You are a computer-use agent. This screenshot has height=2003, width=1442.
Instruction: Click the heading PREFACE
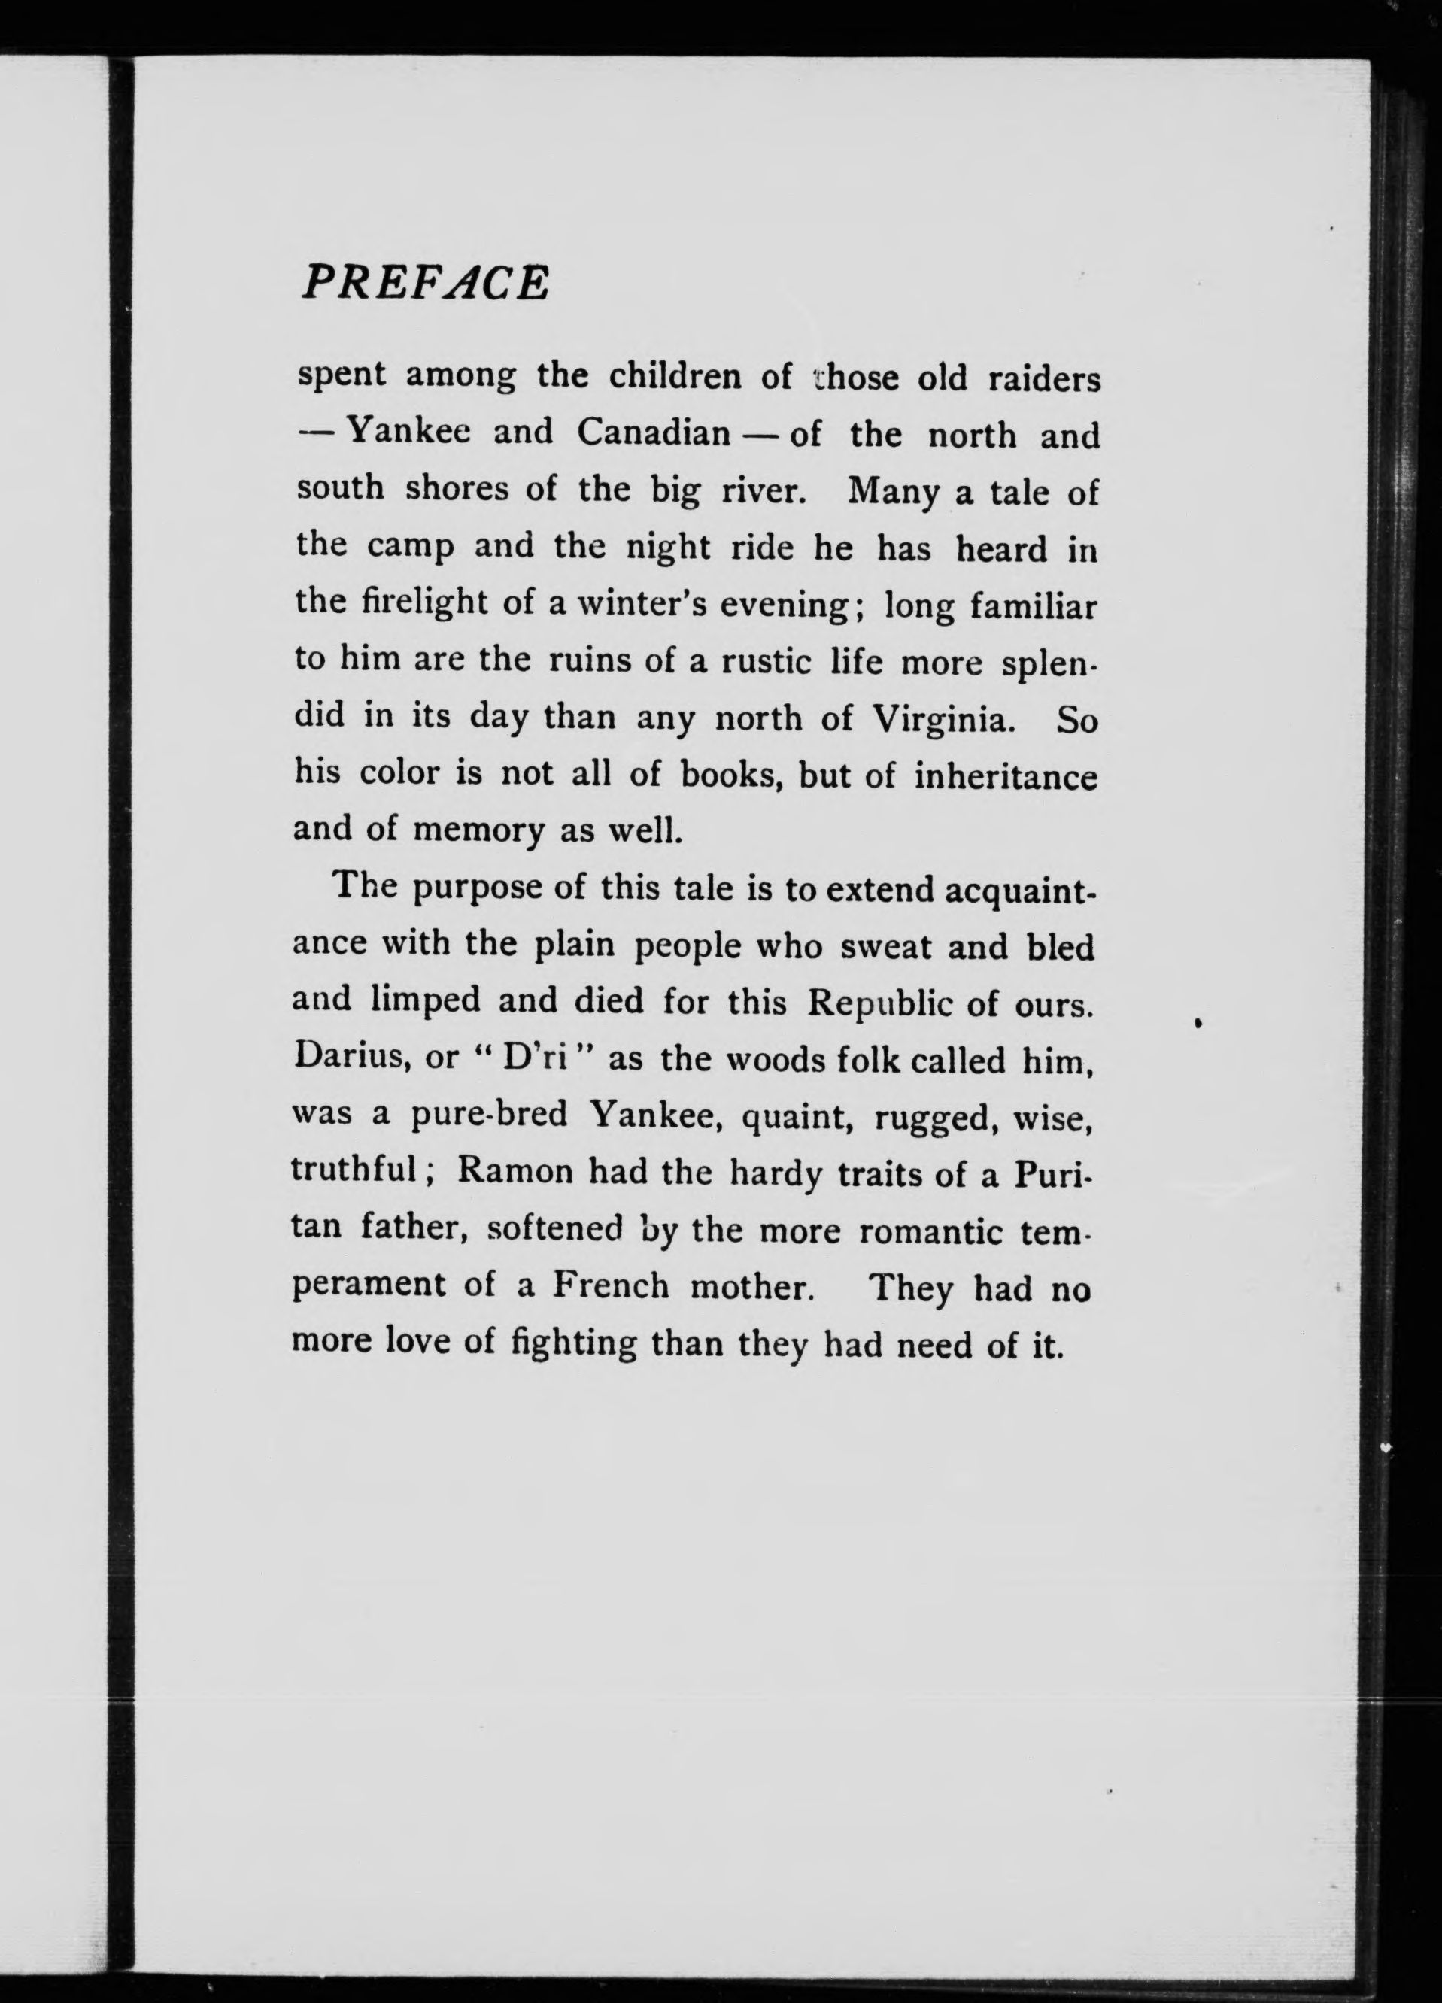pos(423,283)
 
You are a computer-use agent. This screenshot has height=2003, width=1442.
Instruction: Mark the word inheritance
pos(1005,776)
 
